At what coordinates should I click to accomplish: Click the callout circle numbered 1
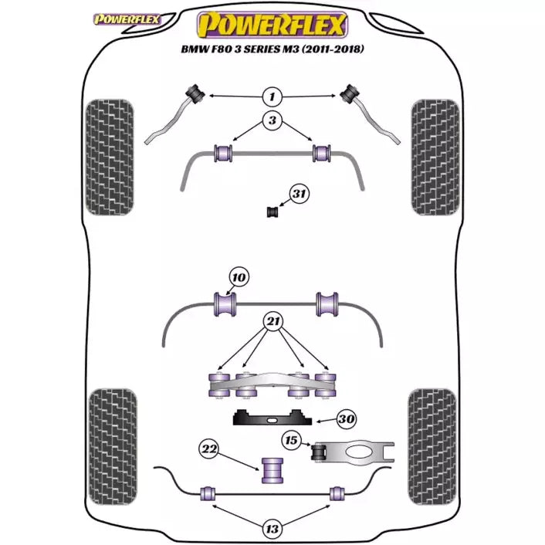pyautogui.click(x=271, y=96)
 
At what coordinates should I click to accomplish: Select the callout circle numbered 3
pyautogui.click(x=271, y=120)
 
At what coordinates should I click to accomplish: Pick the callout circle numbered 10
pyautogui.click(x=239, y=277)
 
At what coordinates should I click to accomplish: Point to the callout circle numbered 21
pyautogui.click(x=271, y=322)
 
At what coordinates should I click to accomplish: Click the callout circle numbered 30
pyautogui.click(x=347, y=419)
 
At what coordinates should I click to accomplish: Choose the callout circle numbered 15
pyautogui.click(x=291, y=441)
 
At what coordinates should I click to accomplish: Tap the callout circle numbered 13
pyautogui.click(x=271, y=529)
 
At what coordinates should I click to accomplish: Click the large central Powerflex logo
pyautogui.click(x=271, y=26)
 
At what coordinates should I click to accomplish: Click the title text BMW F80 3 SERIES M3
pyautogui.click(x=272, y=51)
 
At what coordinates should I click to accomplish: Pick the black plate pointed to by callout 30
pyautogui.click(x=272, y=420)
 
